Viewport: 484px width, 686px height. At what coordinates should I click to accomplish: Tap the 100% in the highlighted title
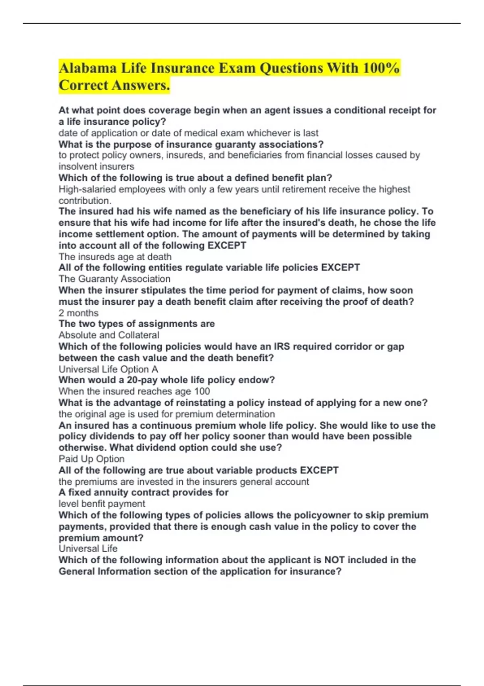(381, 68)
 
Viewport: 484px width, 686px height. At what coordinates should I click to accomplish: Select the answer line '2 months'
(78, 313)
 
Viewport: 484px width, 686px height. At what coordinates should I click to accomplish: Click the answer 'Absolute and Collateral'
(108, 335)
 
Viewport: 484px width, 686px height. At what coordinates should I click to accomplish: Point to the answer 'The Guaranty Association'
(114, 279)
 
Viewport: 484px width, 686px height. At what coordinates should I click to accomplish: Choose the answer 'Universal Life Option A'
(108, 369)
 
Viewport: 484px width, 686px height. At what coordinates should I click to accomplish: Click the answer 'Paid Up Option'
(91, 459)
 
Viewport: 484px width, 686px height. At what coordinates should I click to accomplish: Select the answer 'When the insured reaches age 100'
(134, 391)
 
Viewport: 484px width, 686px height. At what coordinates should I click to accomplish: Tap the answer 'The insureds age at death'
(115, 257)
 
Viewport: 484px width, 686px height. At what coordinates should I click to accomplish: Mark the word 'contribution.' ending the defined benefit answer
(85, 201)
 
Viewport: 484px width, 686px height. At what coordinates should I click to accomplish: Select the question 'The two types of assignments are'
(136, 324)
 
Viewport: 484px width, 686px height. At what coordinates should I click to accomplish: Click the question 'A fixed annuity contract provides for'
(143, 492)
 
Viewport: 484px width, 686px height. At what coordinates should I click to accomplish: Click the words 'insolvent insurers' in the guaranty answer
(96, 166)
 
